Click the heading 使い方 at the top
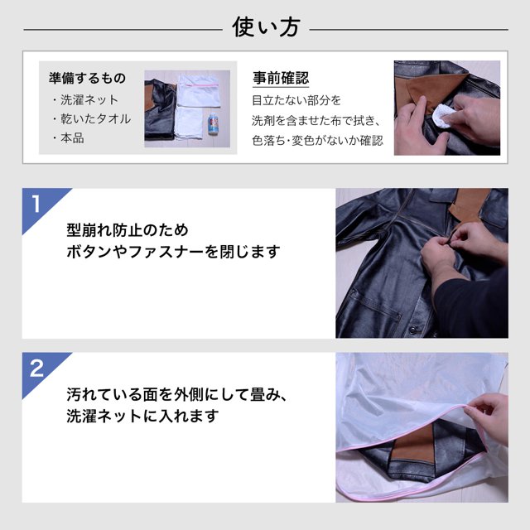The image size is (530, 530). coord(266,27)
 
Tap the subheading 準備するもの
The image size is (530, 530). coord(87,78)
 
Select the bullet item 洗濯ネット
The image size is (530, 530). coord(85,99)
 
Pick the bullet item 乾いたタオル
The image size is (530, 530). coord(92,119)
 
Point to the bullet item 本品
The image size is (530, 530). coord(68,138)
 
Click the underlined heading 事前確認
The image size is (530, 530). coord(281,78)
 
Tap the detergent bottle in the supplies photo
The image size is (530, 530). coord(213,124)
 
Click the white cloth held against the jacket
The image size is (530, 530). coord(442,115)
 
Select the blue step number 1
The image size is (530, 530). coord(36,204)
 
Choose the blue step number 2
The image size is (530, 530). coord(36,368)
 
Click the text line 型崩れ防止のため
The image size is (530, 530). coord(128,230)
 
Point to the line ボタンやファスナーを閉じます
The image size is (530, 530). coord(173,252)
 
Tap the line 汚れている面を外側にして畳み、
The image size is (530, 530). coord(177,394)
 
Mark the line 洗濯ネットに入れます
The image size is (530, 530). coord(142,416)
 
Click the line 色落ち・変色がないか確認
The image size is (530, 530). coord(317,141)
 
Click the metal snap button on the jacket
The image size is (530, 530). coord(412,330)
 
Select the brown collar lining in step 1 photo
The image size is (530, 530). coord(470,204)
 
